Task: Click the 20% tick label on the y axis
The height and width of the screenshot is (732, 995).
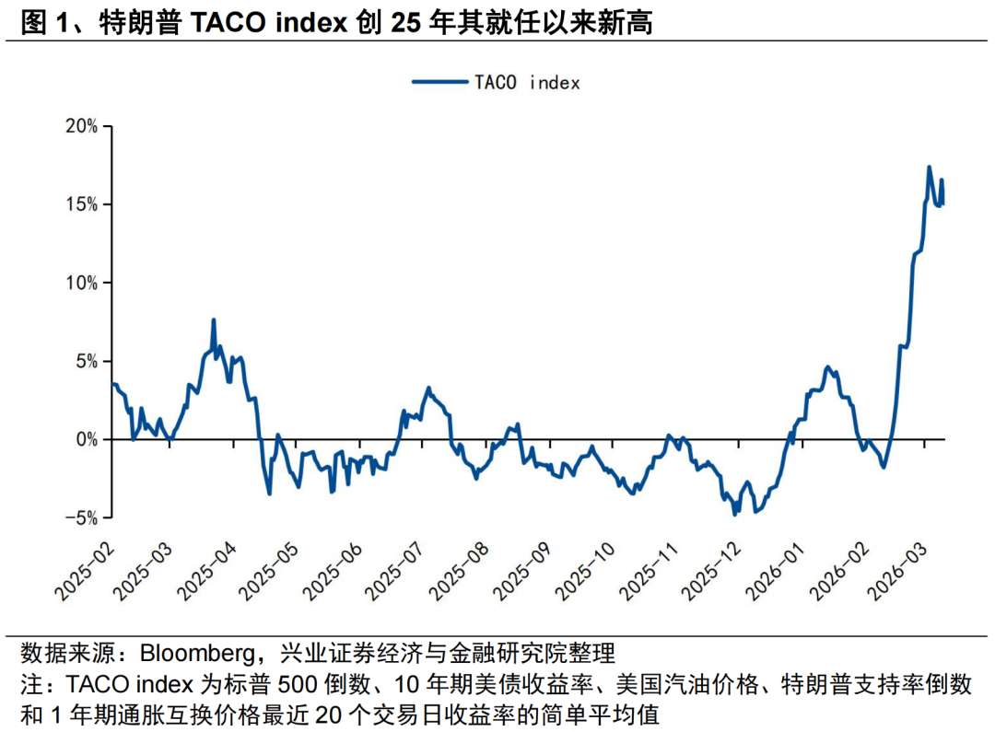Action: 81,126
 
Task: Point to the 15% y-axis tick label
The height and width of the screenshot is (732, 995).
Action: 81,204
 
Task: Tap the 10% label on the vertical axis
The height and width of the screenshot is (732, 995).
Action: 81,283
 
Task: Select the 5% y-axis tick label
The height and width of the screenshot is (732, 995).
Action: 86,361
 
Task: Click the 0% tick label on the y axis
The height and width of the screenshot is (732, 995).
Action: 86,440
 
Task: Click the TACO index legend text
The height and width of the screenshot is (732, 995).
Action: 527,82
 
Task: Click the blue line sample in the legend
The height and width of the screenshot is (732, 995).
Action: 439,82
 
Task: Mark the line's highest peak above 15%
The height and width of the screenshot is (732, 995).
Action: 929,168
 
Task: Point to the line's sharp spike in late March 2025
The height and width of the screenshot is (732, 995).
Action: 214,320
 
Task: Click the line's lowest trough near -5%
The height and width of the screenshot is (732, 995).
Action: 734,514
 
